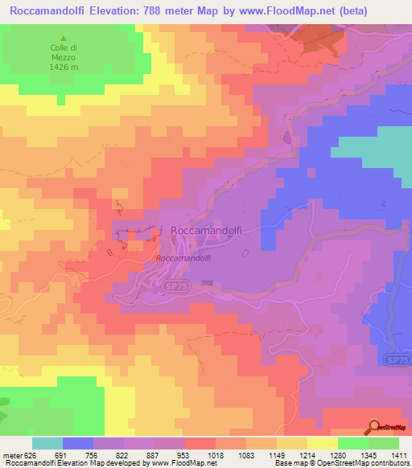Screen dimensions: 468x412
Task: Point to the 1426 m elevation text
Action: [64, 67]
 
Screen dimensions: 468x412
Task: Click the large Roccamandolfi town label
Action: [207, 230]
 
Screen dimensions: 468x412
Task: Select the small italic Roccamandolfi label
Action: [183, 258]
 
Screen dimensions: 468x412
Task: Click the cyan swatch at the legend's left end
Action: [47, 443]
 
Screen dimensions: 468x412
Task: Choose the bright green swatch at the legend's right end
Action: [384, 443]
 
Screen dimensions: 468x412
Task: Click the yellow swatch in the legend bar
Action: [323, 443]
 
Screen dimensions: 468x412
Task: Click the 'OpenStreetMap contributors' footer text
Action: [364, 463]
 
